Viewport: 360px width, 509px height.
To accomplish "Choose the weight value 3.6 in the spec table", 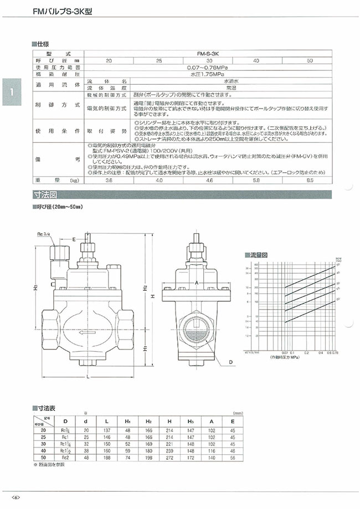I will click(x=109, y=181).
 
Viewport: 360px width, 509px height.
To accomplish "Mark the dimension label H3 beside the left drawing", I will click(x=35, y=289).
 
